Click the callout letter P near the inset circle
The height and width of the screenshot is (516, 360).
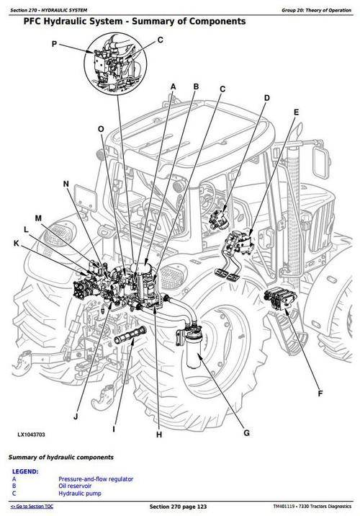tap(54, 43)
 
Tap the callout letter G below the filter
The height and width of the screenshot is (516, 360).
tap(246, 432)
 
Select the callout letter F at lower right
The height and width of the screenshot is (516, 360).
tap(320, 393)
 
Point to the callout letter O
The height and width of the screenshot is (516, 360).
tap(101, 129)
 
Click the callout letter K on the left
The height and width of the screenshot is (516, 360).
tap(17, 243)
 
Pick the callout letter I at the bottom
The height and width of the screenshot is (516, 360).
tap(114, 429)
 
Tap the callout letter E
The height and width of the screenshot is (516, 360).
tap(296, 112)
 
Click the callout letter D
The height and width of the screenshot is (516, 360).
tap(266, 98)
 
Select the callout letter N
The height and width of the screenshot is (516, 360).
tap(66, 184)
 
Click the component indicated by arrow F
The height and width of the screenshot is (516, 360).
tap(280, 298)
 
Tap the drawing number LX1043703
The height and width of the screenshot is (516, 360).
tap(31, 435)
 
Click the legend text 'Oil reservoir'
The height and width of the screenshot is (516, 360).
tap(75, 486)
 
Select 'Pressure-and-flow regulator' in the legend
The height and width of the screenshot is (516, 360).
tap(96, 479)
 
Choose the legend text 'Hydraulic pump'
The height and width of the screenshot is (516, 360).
tap(80, 493)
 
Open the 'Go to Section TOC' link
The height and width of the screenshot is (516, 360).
tap(32, 506)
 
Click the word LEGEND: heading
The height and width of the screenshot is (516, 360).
tap(25, 471)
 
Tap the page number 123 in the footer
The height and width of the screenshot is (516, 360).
tap(202, 506)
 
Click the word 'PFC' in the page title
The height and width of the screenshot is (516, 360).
tap(32, 22)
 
